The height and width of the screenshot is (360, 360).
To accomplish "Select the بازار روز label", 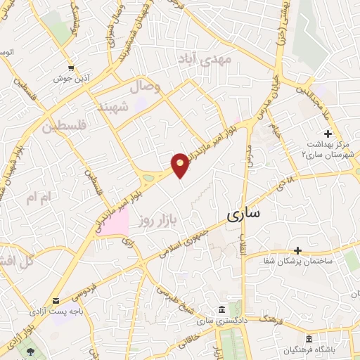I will click(155, 220).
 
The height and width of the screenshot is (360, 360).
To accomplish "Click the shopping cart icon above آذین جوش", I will click(71, 67).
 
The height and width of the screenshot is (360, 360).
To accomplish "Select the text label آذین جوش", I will click(70, 79).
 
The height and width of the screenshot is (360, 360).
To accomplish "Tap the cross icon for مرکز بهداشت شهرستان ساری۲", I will click(328, 134).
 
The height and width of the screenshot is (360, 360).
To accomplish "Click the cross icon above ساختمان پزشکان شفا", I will click(298, 250).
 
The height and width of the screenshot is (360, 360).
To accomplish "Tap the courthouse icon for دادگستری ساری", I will click(221, 310).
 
